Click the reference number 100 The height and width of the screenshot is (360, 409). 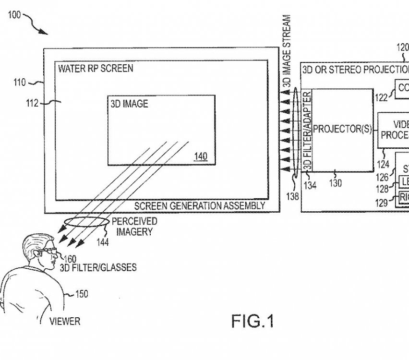(x=14, y=15)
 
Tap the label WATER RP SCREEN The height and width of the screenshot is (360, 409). (x=96, y=69)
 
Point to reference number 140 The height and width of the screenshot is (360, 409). (x=201, y=156)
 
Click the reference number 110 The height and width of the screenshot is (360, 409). (x=20, y=83)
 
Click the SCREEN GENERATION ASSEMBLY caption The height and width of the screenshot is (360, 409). (x=199, y=206)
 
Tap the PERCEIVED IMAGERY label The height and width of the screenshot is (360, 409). (x=134, y=227)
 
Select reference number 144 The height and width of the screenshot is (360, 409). (x=102, y=243)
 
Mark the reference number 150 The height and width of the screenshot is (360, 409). (x=82, y=294)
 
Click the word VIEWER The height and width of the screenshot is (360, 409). (x=65, y=321)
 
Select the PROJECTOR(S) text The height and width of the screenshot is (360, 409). (x=342, y=129)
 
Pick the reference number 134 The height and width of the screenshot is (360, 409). (x=310, y=185)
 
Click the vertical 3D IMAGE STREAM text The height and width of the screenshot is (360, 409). (x=287, y=51)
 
